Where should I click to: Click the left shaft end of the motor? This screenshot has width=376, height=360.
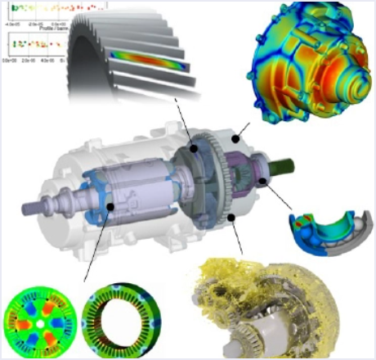pyautogui.click(x=33, y=205)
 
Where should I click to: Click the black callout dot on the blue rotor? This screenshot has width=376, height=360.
pyautogui.click(x=109, y=207)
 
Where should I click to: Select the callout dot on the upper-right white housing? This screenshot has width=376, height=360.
pyautogui.click(x=235, y=140)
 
